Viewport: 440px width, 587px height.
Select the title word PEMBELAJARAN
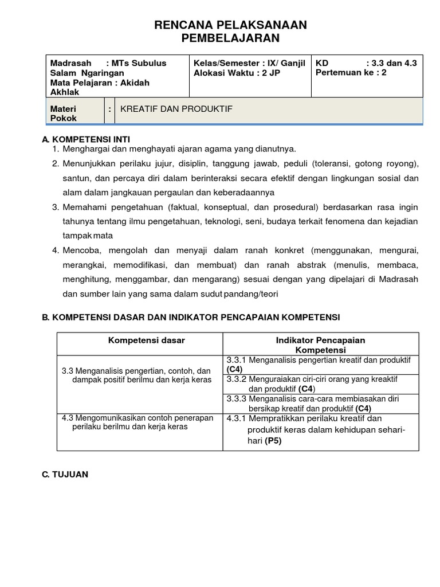click(230, 38)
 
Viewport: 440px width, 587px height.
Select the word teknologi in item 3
click(233, 221)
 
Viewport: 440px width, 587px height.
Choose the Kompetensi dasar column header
click(147, 340)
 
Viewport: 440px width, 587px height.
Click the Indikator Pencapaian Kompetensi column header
click(320, 345)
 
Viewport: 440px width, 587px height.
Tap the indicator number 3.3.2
click(237, 379)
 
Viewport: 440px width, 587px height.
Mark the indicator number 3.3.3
click(237, 398)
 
